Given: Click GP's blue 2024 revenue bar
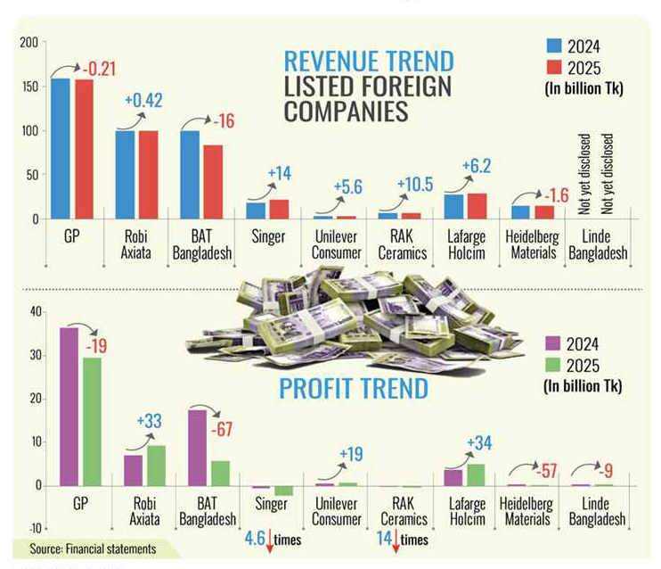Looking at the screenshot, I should coord(61,148).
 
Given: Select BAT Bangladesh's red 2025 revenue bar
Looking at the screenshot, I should coord(213,182).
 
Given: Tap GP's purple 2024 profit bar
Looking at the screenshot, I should coord(69,407).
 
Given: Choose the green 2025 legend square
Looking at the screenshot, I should coord(554,366).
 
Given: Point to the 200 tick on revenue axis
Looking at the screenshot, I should coord(29,43).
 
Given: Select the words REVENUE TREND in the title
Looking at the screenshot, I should coord(368,62).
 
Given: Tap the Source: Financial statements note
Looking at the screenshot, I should coord(93,548).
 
